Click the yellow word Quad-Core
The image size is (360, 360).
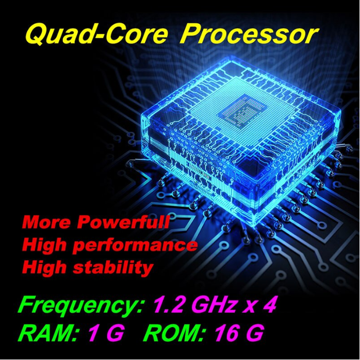(96, 35)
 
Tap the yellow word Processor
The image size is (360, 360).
(249, 35)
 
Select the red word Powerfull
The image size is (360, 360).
(123, 222)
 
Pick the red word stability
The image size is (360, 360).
(113, 268)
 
